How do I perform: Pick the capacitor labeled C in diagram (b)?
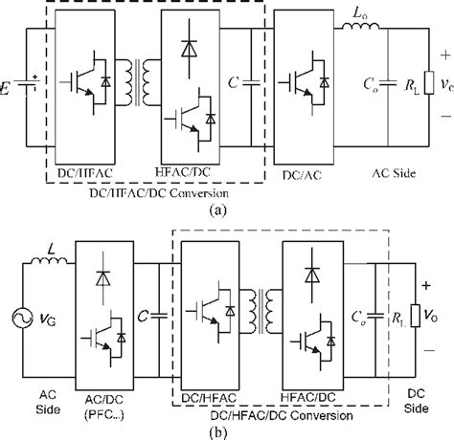tap(152, 311)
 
